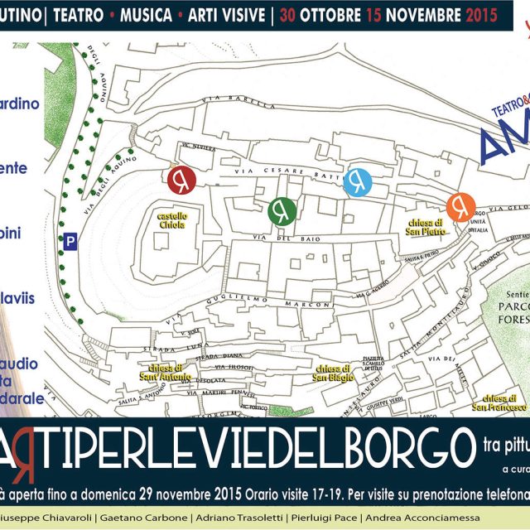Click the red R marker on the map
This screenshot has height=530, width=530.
(181, 179)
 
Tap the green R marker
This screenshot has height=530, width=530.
(282, 210)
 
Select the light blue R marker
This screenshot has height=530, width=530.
(358, 181)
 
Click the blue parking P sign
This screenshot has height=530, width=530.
(72, 242)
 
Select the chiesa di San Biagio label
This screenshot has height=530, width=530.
(335, 373)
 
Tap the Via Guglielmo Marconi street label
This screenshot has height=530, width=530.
(270, 301)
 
